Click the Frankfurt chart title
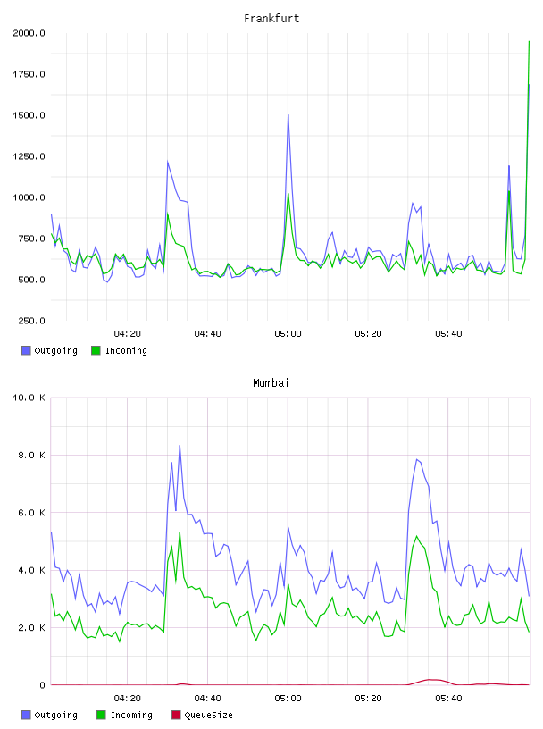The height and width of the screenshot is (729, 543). coord(271,19)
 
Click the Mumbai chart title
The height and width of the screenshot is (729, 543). coord(271,383)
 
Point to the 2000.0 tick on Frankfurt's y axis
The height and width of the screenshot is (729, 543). coord(29,33)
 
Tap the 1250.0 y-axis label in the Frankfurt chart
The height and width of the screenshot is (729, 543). coord(29,156)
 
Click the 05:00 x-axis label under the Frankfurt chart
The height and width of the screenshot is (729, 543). coord(288,334)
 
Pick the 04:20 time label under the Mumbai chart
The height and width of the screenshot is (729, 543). coord(127,699)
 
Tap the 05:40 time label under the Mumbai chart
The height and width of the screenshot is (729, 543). coord(448,699)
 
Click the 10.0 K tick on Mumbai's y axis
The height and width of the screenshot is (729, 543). coord(29,398)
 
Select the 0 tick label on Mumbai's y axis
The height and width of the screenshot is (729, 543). coord(42,685)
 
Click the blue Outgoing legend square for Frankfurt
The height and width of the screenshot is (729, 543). coord(26,350)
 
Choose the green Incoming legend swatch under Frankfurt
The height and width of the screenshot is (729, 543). coord(96,350)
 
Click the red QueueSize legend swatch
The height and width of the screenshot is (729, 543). coord(176,715)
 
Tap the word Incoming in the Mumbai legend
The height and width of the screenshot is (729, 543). coord(131,715)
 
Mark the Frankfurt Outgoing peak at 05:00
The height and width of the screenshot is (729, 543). coord(288,115)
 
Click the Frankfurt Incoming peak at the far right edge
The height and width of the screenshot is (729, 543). coord(529,42)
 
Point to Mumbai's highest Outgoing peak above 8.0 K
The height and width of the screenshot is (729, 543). coord(180,446)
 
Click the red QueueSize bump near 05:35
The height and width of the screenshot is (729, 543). coord(431,680)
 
